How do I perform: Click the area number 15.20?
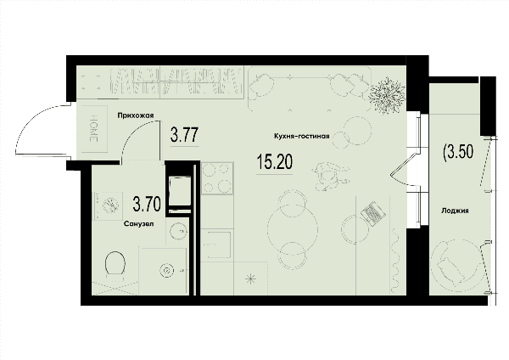point(274,162)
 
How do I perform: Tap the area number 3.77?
point(184,135)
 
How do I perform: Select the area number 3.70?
point(147,205)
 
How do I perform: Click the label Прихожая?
point(136,115)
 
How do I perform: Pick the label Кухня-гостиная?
point(302,136)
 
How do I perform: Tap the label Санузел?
point(139,224)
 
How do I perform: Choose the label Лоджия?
point(455,211)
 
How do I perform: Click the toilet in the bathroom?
point(115,265)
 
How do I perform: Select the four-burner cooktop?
point(217,178)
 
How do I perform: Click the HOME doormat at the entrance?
point(94,129)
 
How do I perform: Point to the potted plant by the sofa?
point(387,95)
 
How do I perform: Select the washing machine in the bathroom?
point(108,205)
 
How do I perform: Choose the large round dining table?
point(293,229)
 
